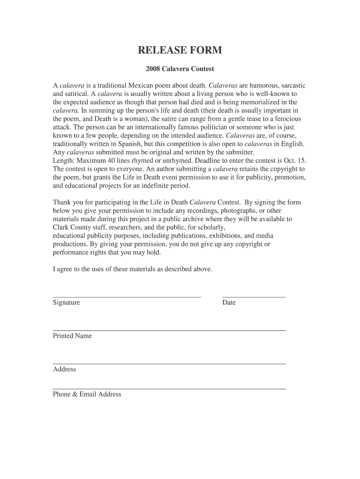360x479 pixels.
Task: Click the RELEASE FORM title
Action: point(180,51)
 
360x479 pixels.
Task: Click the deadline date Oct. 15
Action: point(295,160)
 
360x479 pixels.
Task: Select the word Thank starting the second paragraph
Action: point(62,202)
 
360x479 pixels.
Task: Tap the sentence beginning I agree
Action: point(132,269)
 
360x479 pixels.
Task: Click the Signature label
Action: point(66,303)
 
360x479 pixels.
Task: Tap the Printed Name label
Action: point(72,336)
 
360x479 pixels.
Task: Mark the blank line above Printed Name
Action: point(169,330)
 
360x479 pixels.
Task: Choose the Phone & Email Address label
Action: point(87,394)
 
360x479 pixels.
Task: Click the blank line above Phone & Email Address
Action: point(169,389)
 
